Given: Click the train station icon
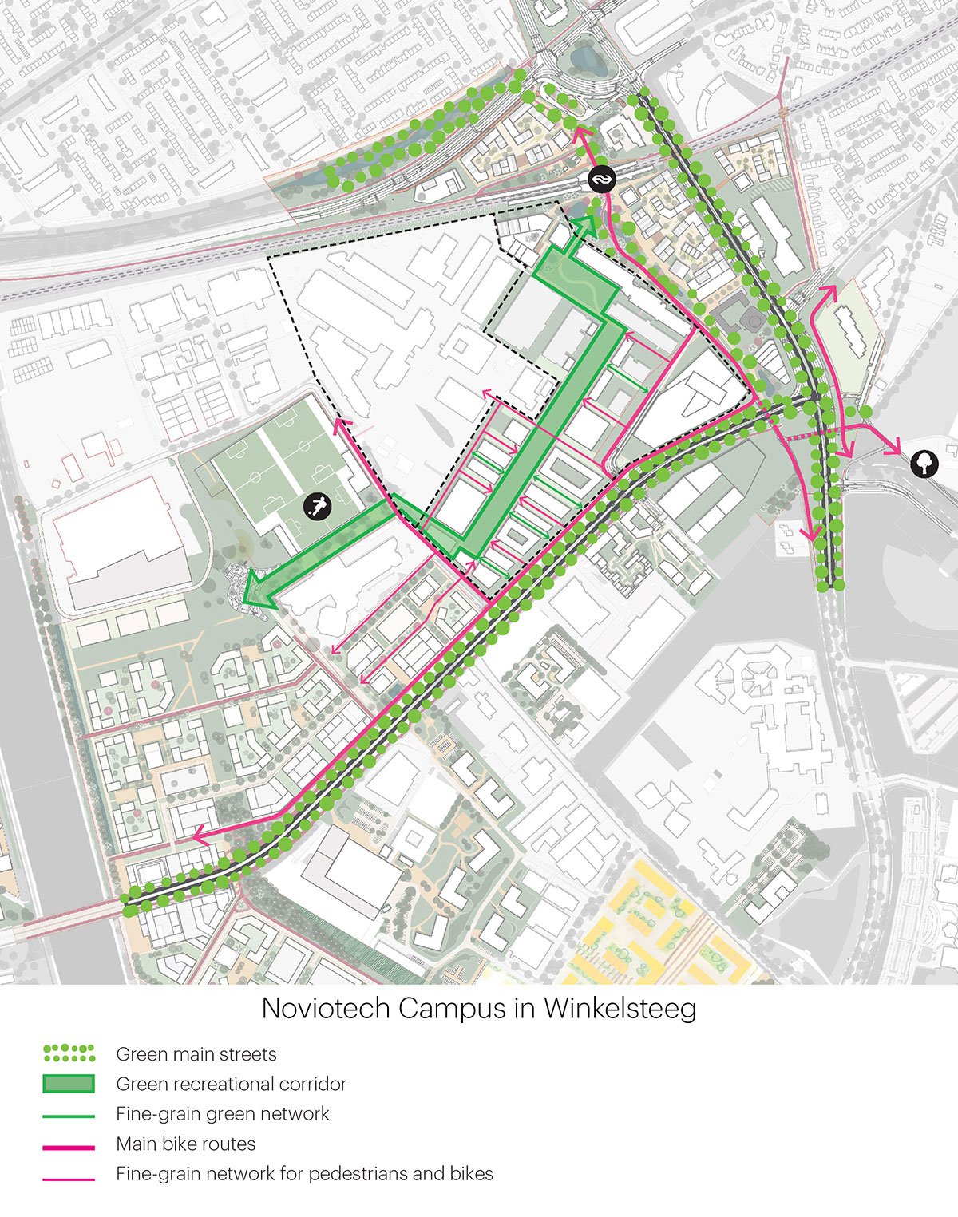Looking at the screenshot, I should [600, 180].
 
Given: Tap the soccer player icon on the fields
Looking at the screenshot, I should [318, 507].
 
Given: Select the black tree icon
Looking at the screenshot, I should [924, 463].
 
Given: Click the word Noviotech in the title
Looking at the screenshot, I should [326, 1008].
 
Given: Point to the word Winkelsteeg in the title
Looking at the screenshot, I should [620, 1008].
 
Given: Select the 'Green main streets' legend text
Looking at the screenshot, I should [196, 1054].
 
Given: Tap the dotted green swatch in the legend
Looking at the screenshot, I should [69, 1054].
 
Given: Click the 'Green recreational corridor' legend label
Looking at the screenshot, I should [231, 1084].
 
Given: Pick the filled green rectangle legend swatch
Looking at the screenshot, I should [69, 1084].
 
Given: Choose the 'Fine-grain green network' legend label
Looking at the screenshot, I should [222, 1114].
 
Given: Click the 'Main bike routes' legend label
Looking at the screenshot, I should [185, 1144].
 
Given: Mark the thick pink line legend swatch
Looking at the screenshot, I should [69, 1147].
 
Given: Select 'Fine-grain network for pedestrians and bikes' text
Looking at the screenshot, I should [304, 1174].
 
